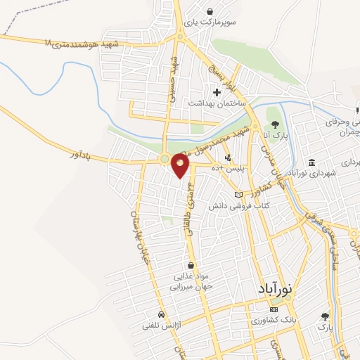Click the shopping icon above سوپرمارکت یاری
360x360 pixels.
click(210, 11)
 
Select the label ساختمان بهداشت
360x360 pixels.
click(216, 103)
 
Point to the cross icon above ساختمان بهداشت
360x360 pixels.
click(217, 91)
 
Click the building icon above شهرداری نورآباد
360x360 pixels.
click(311, 163)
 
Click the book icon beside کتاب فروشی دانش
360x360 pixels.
click(238, 193)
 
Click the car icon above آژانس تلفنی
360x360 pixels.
click(162, 314)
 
